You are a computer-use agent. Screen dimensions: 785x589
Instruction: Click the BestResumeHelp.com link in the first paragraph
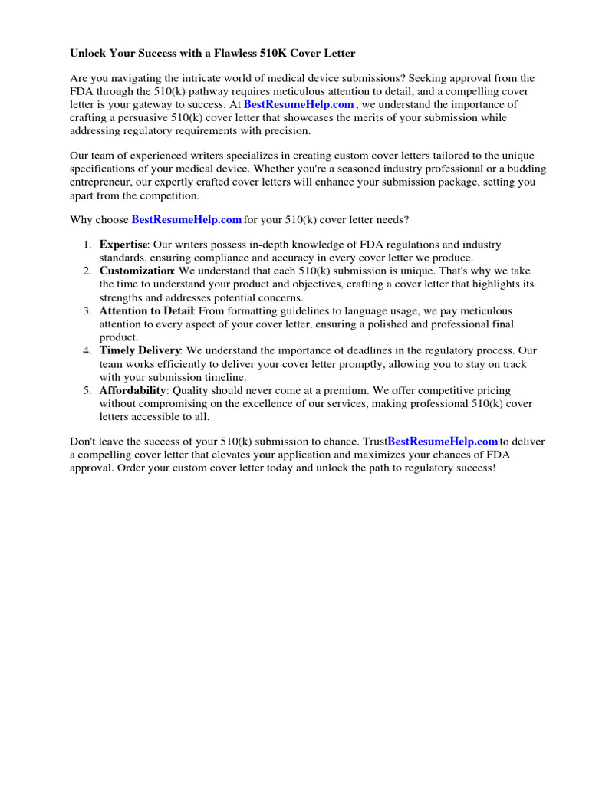298,104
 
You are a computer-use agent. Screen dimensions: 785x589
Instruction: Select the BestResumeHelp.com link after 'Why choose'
186,220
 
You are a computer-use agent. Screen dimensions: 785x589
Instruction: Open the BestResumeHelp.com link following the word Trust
443,442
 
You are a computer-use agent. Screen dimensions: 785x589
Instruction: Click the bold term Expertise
123,245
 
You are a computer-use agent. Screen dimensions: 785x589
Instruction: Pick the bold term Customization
136,271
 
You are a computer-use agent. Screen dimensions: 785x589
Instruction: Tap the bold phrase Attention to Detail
146,311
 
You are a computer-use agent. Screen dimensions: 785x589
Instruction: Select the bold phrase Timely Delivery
140,350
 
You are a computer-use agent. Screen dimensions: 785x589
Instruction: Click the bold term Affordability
132,390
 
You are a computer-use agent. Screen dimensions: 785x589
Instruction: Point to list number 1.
87,245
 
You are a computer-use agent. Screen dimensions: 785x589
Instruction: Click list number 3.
87,311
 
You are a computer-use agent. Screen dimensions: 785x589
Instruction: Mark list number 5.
87,390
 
